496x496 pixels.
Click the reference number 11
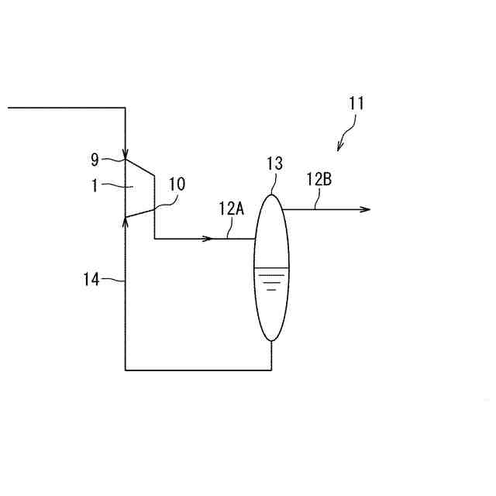(x=356, y=102)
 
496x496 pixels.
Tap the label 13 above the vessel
(x=274, y=164)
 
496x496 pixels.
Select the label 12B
(x=319, y=180)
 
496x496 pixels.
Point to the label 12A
(x=232, y=208)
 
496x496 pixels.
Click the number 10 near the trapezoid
(x=177, y=184)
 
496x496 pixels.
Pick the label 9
(x=95, y=160)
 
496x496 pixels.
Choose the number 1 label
(x=95, y=186)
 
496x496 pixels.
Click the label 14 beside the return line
(x=91, y=279)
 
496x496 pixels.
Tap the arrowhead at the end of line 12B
(x=366, y=209)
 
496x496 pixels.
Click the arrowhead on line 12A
(x=207, y=238)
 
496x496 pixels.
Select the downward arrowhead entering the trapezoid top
(x=126, y=153)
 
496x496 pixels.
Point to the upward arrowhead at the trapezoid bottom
(x=126, y=222)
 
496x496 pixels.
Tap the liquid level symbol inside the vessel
(x=271, y=278)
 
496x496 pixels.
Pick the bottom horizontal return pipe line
(x=198, y=370)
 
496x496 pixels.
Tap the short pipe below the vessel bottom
(x=271, y=355)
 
